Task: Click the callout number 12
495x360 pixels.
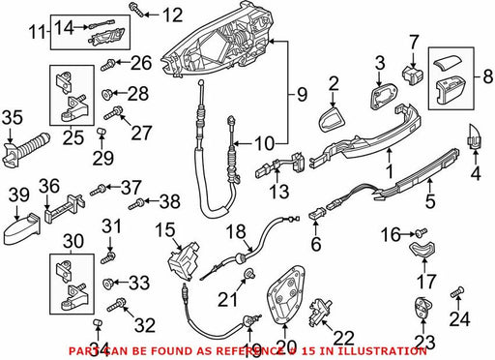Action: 172,15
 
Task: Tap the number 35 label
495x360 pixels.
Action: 13,117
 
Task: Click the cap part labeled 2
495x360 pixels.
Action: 332,119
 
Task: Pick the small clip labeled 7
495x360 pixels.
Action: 412,75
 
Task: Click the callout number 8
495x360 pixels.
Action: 488,77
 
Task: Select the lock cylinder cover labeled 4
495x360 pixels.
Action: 475,137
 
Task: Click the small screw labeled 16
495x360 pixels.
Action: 422,231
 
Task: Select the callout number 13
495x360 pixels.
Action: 278,191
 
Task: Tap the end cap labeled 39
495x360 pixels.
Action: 22,226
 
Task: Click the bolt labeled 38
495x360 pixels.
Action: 136,204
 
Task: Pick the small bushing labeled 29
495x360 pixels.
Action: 102,133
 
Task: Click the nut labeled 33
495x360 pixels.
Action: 106,284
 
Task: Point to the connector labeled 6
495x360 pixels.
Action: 317,214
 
